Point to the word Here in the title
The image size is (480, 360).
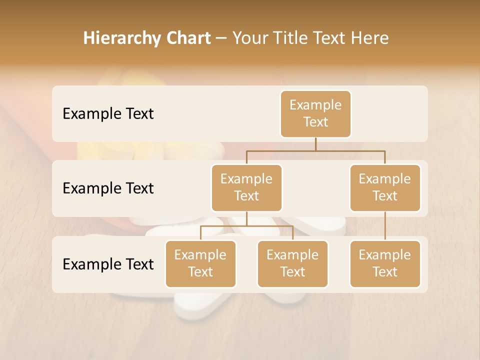(x=369, y=38)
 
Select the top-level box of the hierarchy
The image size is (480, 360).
(x=315, y=114)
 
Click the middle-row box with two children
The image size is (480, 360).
(x=246, y=188)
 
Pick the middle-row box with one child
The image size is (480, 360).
(x=385, y=188)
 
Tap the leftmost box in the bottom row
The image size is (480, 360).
(x=200, y=264)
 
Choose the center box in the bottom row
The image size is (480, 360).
(x=292, y=264)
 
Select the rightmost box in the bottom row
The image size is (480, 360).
(x=385, y=264)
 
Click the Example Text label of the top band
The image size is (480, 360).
(x=108, y=114)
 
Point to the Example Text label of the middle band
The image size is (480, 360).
(x=108, y=188)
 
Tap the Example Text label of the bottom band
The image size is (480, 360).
(x=108, y=264)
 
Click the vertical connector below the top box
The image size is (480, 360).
(x=315, y=144)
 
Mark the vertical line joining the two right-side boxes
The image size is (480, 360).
(x=385, y=226)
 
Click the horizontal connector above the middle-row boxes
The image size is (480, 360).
(x=315, y=150)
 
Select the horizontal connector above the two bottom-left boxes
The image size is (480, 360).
(x=246, y=226)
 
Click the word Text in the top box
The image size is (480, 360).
(x=315, y=122)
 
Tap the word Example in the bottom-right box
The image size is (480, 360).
(x=385, y=255)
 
